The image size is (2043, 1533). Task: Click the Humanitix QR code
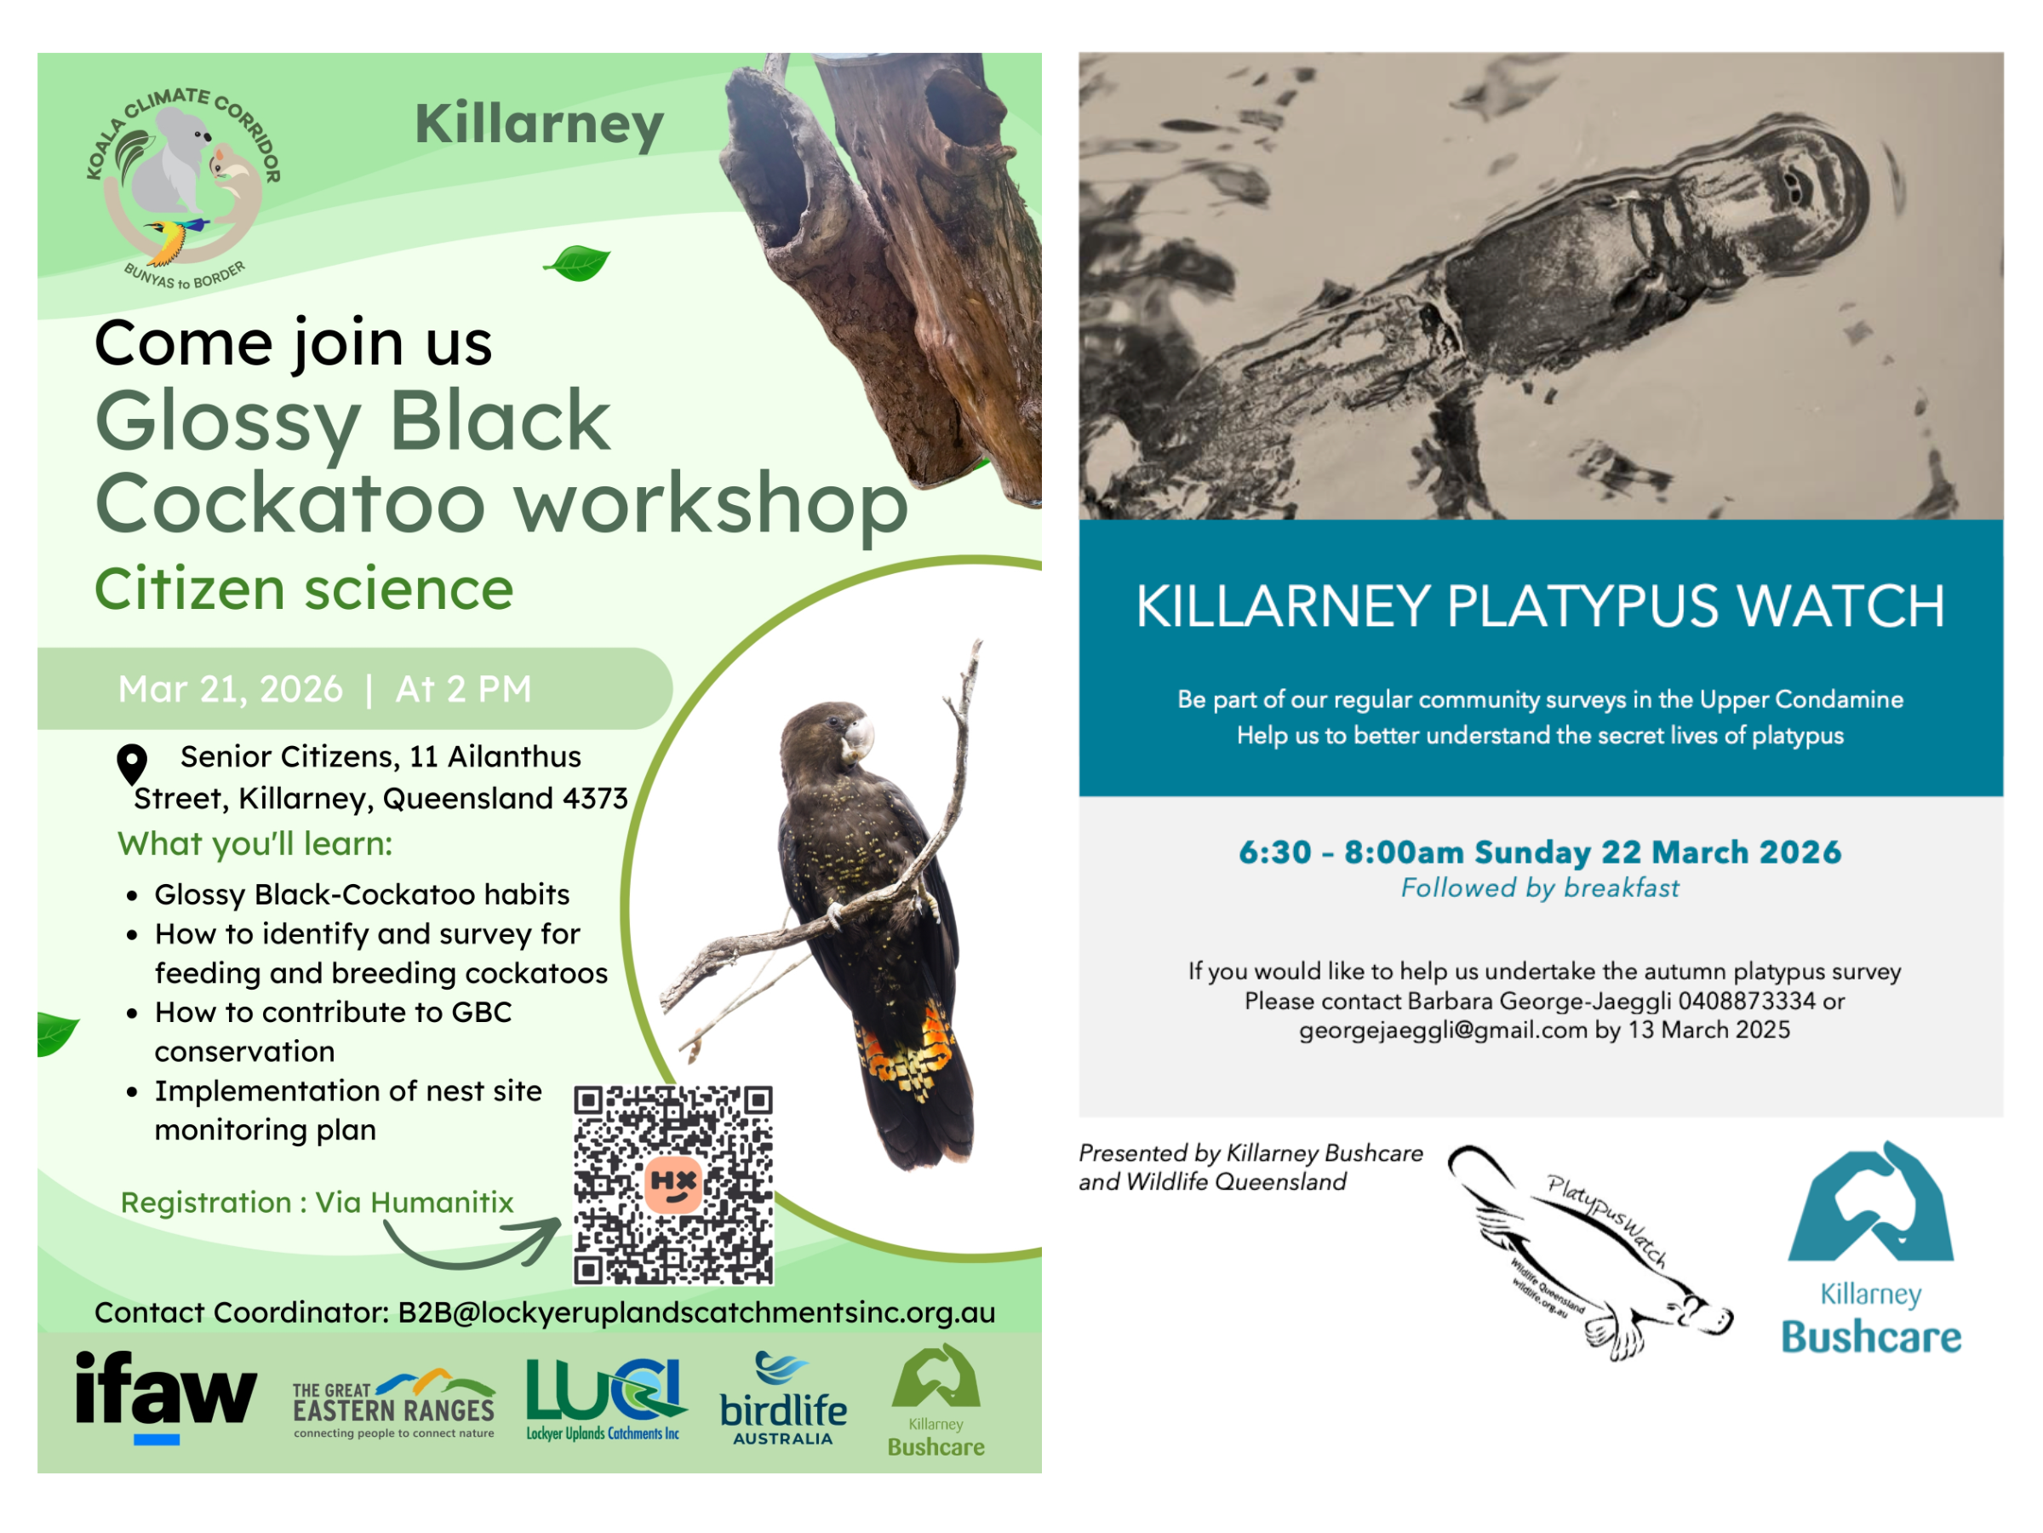673,1185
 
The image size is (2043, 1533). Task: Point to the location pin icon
132,763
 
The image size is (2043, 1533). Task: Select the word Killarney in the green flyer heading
540,124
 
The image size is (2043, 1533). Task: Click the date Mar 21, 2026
231,689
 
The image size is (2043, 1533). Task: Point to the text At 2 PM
464,689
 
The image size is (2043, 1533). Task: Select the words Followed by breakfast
1540,888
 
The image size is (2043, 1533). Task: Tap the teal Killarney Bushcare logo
1871,1248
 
